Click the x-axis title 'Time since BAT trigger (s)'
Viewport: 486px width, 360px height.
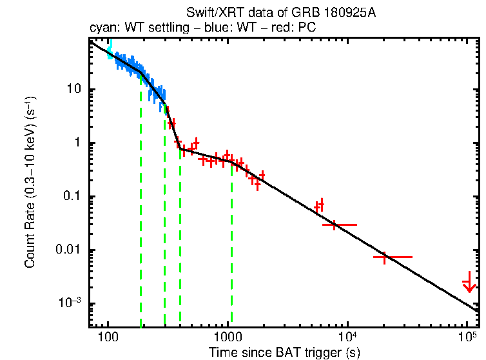[284, 352]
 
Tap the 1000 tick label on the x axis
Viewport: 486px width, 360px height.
[228, 336]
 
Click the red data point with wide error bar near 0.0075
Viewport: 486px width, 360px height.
[385, 257]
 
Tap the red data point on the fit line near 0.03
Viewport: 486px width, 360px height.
[335, 225]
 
